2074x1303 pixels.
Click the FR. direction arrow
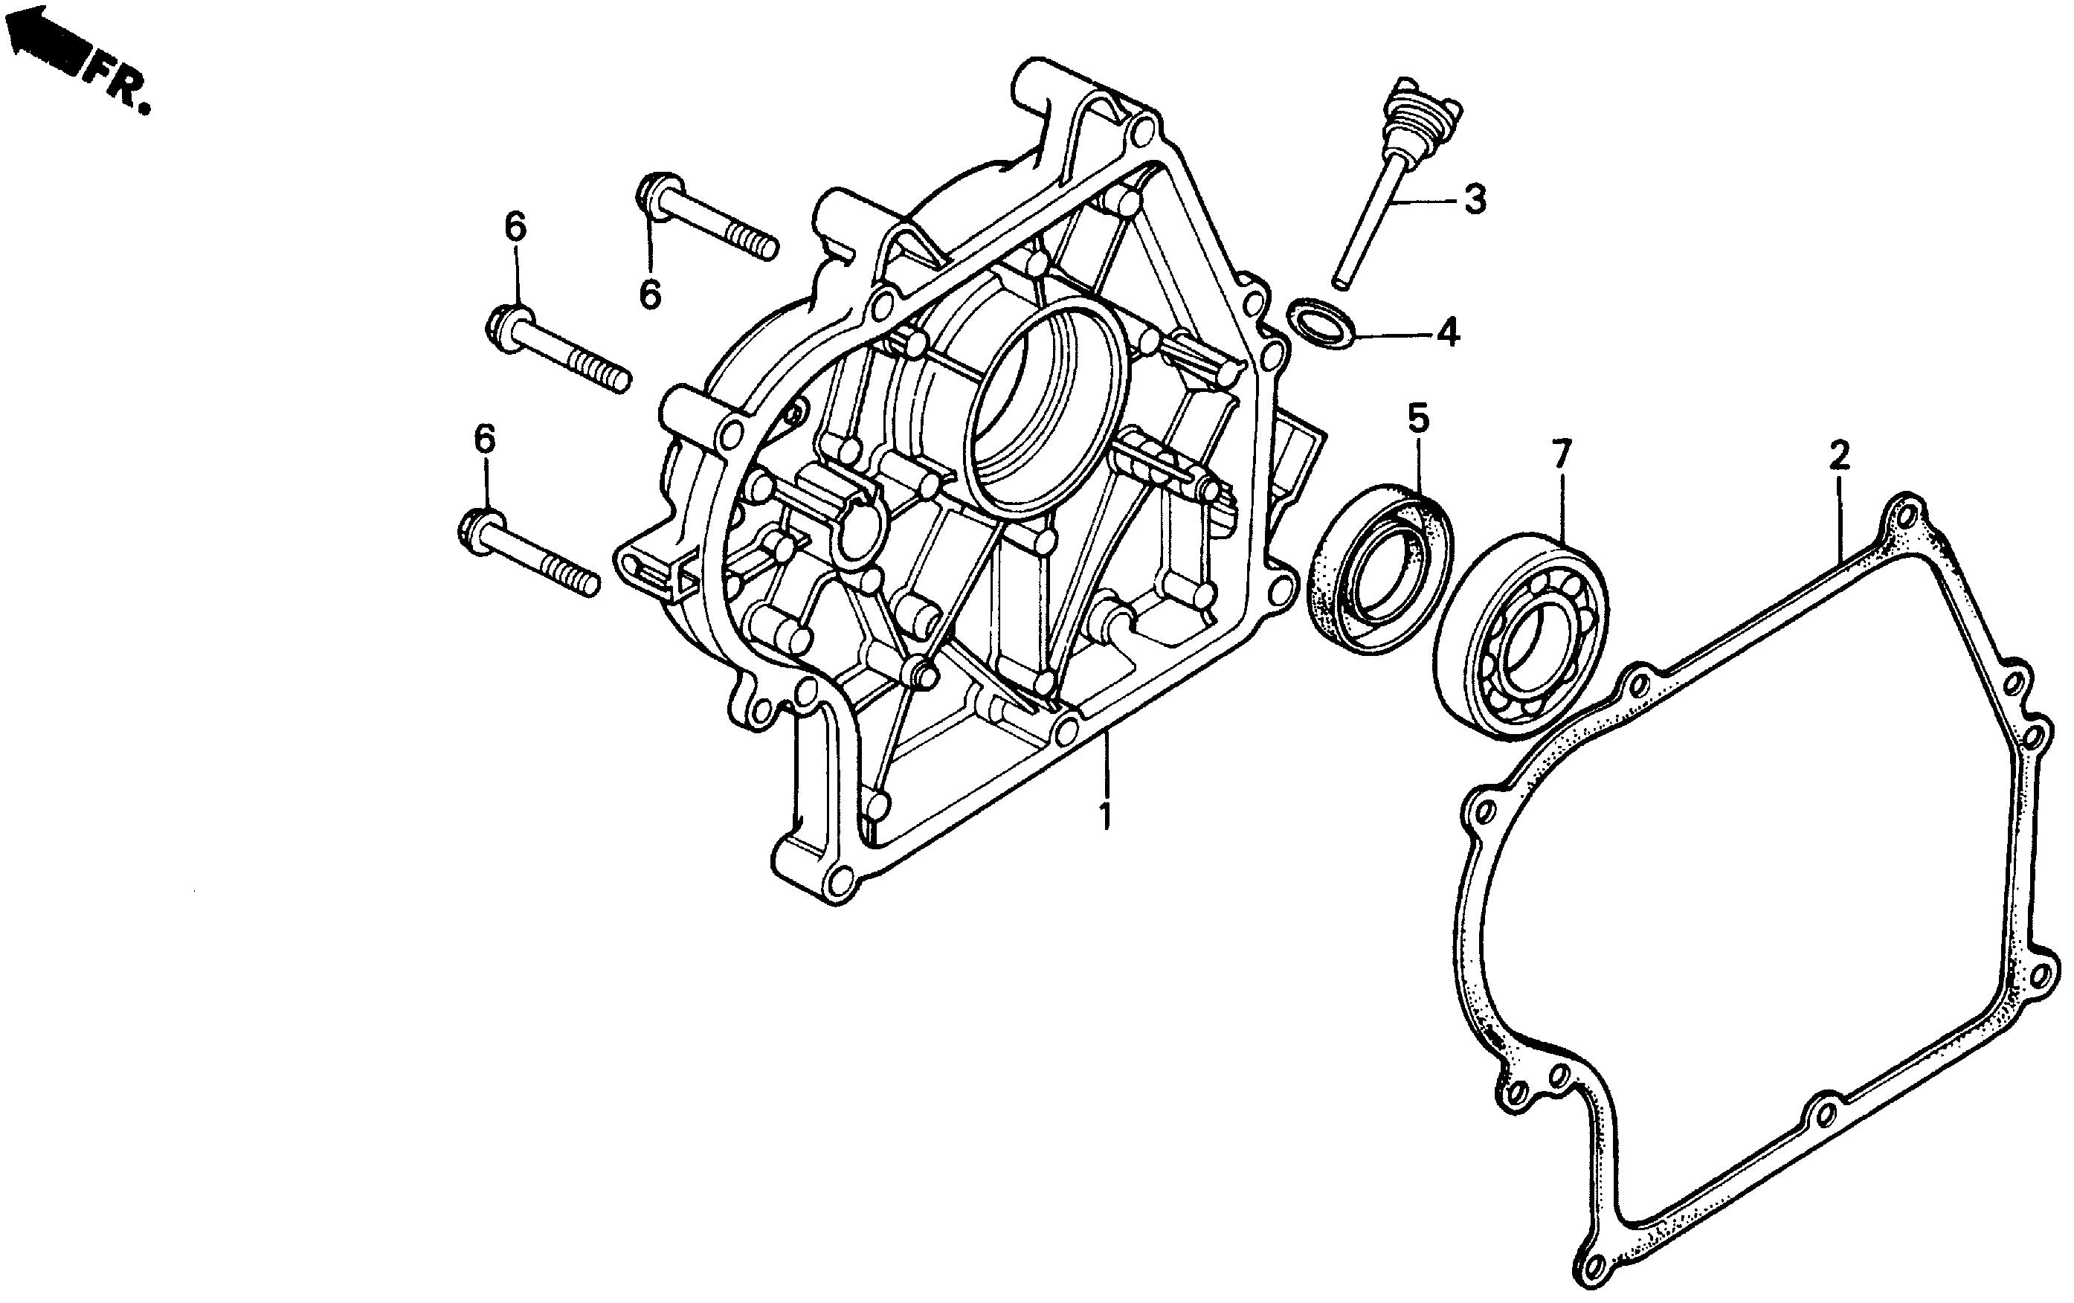[x=48, y=43]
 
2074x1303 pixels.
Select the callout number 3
[x=1475, y=200]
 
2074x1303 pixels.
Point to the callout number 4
[x=1449, y=332]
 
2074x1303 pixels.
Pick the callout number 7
[x=1562, y=453]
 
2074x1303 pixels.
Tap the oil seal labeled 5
[x=1379, y=576]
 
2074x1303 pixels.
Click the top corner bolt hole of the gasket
[x=1904, y=514]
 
